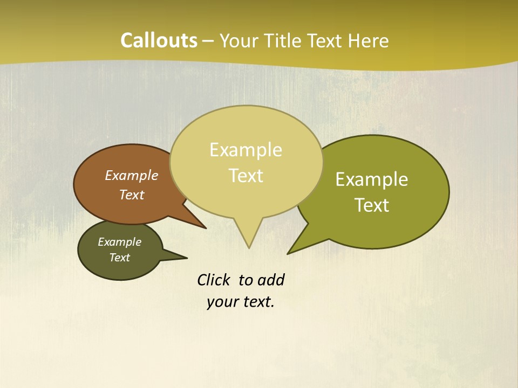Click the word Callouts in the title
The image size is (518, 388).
tap(159, 40)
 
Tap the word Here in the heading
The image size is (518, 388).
tap(369, 41)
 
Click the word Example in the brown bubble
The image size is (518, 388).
tap(132, 175)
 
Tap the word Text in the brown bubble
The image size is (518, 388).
tap(132, 195)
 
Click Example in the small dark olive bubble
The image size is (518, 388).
tap(119, 242)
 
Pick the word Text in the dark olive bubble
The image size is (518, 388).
tap(119, 258)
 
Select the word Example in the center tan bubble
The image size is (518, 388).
tap(246, 150)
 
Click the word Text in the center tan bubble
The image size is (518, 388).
tap(246, 176)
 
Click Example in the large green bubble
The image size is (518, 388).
tap(372, 179)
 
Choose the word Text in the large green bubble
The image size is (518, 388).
tap(372, 205)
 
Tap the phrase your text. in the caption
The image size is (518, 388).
tap(241, 302)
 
